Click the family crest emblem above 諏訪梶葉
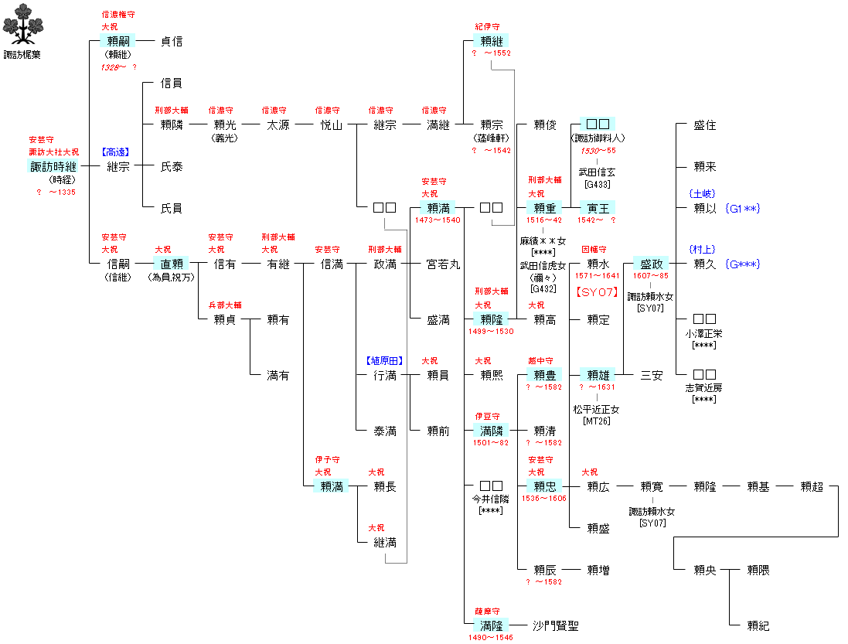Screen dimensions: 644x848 coord(21,25)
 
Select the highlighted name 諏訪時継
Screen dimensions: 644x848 coord(53,166)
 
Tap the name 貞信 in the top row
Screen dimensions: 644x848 coord(171,42)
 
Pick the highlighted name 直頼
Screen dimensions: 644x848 coord(171,264)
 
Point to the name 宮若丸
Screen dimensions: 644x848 coord(444,264)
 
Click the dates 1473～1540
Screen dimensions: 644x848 coord(438,220)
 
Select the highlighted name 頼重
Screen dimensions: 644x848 coord(545,208)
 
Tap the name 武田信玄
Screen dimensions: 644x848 coord(598,172)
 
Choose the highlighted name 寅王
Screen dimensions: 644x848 coord(598,208)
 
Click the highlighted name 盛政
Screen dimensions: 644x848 coord(652,264)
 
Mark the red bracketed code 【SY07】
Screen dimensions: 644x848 coord(598,292)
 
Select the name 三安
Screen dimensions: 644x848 coord(652,376)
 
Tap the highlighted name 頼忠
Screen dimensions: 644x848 coord(545,487)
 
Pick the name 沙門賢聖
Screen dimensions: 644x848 coord(556,626)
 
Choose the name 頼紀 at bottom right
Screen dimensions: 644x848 coord(758,626)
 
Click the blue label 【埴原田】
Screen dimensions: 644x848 coord(385,361)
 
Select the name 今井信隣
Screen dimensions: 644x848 coord(492,499)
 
